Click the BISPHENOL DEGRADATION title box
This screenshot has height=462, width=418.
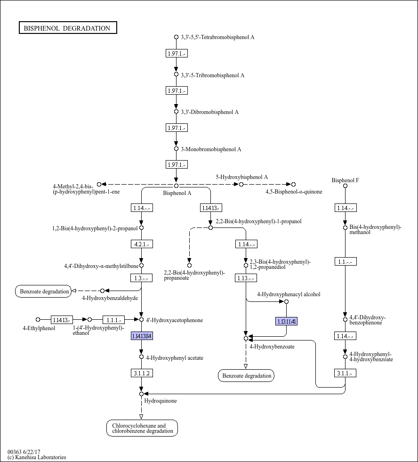point(68,28)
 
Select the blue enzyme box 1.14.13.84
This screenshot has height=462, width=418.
point(142,336)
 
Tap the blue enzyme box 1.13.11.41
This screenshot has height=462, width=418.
point(286,321)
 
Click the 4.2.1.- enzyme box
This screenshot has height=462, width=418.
point(142,244)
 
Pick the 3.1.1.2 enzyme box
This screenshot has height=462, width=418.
point(142,373)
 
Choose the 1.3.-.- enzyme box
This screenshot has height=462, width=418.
point(141,278)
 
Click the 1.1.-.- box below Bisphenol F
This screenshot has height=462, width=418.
point(346,261)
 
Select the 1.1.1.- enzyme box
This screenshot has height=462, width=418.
point(114,320)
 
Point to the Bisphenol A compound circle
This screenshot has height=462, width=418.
point(176,186)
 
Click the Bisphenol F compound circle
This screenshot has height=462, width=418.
point(345,186)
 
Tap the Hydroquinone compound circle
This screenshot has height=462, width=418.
point(141,394)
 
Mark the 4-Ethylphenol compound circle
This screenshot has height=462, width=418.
point(38,319)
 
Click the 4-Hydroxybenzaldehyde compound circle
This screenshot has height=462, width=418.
point(102,291)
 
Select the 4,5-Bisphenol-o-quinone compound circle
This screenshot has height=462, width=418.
point(293,185)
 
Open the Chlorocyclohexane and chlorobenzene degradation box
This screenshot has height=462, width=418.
point(142,428)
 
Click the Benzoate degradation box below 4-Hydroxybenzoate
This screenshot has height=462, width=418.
point(246,375)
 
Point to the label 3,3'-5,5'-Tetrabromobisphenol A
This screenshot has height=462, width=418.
point(217,37)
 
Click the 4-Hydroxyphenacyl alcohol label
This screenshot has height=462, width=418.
point(289,294)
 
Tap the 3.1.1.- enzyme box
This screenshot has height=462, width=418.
point(345,373)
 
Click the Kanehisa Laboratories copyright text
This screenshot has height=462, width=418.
point(37,457)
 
